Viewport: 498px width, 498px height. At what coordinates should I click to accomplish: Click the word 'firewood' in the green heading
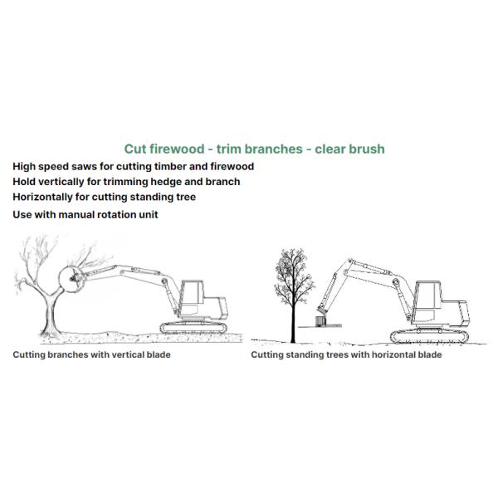pos(175,149)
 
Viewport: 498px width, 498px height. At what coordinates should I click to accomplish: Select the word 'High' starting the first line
pos(26,166)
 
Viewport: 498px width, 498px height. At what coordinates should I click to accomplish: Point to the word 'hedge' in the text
pos(170,182)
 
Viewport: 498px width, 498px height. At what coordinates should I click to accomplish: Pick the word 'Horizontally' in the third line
pos(46,198)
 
